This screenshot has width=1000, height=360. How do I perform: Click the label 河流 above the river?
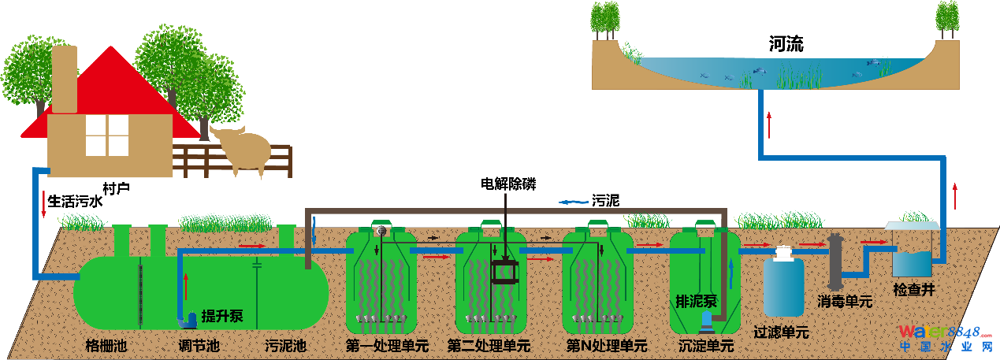tap(786, 45)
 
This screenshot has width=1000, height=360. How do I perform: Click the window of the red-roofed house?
tap(106, 135)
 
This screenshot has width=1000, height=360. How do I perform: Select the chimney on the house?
tap(64, 79)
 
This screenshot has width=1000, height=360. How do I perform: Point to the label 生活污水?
tap(76, 202)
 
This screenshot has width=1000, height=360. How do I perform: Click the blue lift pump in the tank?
tap(190, 319)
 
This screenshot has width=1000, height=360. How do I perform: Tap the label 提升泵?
tap(223, 317)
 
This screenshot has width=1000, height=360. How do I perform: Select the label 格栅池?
tap(106, 346)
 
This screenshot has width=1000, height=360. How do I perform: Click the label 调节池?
tap(199, 346)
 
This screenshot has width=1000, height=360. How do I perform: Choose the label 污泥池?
tap(285, 346)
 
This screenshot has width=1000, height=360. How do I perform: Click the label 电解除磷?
tap(508, 184)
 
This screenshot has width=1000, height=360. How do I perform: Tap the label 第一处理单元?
tap(387, 346)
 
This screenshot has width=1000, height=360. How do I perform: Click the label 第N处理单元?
tap(608, 346)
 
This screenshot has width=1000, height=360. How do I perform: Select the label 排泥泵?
tap(697, 301)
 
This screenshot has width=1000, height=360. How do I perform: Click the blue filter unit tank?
tap(784, 285)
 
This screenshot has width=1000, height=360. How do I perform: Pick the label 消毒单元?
tap(845, 301)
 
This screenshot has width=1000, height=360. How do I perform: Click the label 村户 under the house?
tap(116, 188)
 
